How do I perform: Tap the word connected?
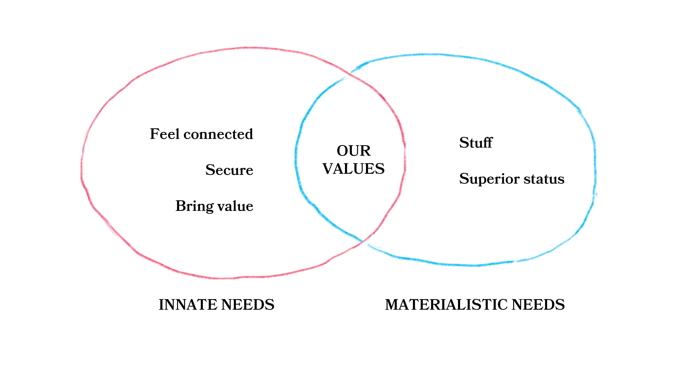(218, 134)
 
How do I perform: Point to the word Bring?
(194, 206)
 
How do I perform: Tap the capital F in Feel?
(155, 134)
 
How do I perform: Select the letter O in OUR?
(342, 151)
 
